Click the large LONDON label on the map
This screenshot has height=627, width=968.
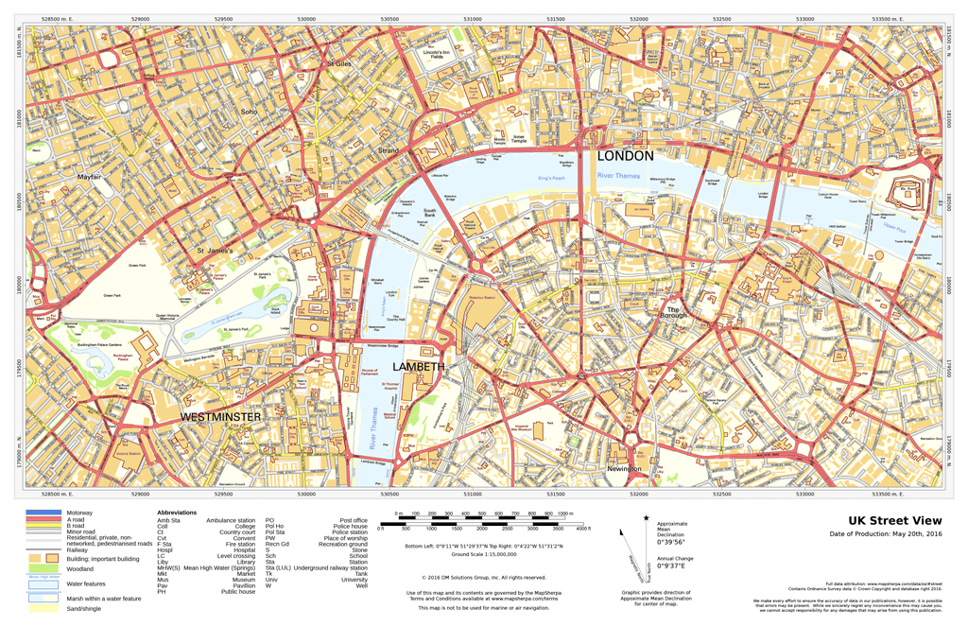[x=626, y=155]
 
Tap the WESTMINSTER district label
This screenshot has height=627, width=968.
[x=220, y=416]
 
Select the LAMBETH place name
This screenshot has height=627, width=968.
[x=418, y=366]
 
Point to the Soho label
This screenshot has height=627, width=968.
[x=249, y=112]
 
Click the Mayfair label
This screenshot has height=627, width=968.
[x=89, y=177]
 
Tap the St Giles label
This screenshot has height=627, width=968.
[x=338, y=63]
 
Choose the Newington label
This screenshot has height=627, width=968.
[x=624, y=469]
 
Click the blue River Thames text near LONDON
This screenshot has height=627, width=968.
[x=619, y=176]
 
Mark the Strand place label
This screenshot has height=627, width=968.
[x=389, y=150]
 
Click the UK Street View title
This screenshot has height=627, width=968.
[x=894, y=520]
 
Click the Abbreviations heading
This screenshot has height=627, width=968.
[x=177, y=513]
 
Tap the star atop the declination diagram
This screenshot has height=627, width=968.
[x=647, y=518]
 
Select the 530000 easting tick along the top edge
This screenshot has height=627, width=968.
[x=306, y=18]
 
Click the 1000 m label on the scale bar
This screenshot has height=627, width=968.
[x=565, y=514]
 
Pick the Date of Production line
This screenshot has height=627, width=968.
[x=886, y=534]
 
